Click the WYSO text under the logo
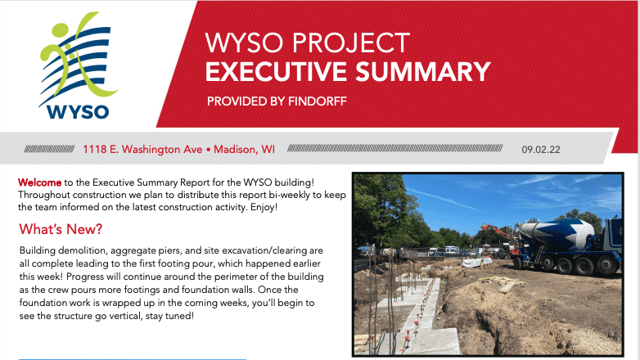pyautogui.click(x=78, y=112)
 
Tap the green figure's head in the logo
pyautogui.click(x=61, y=30)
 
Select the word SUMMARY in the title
pyautogui.click(x=423, y=71)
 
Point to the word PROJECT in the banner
pyautogui.click(x=351, y=43)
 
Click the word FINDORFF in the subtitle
pyautogui.click(x=318, y=101)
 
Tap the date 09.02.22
pyautogui.click(x=541, y=150)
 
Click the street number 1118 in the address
pyautogui.click(x=95, y=150)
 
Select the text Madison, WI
pyautogui.click(x=244, y=150)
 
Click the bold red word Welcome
pyautogui.click(x=39, y=182)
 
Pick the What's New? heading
pyautogui.click(x=61, y=229)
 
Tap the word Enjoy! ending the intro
pyautogui.click(x=264, y=207)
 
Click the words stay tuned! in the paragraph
pyautogui.click(x=169, y=316)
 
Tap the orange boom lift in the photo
pyautogui.click(x=495, y=230)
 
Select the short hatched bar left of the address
pyautogui.click(x=49, y=149)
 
